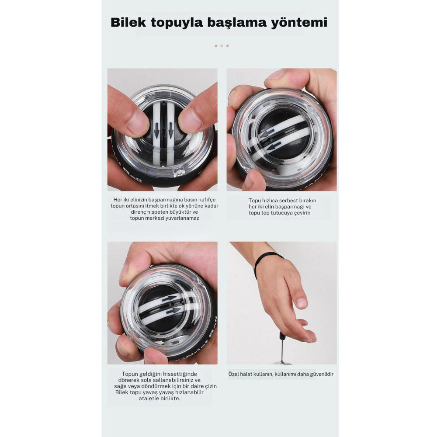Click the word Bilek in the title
tap(128, 23)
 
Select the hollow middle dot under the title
tap(222, 46)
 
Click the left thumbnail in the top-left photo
tap(136, 122)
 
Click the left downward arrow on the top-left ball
tap(156, 130)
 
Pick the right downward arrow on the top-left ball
tap(171, 130)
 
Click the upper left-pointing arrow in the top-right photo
tap(267, 135)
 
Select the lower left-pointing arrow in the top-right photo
tap(274, 146)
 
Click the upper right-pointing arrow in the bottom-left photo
tap(169, 299)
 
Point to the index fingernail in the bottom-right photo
tap(301, 303)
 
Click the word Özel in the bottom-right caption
tap(234, 374)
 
